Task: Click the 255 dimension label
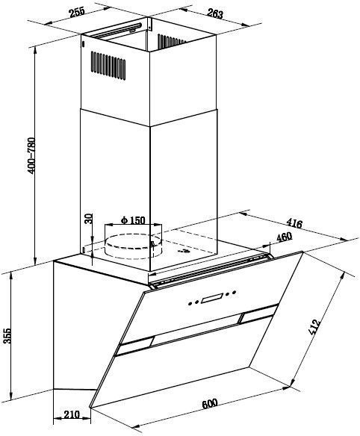click(x=76, y=13)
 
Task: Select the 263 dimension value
click(x=215, y=13)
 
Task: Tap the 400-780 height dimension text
click(x=31, y=155)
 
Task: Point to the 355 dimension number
click(x=7, y=336)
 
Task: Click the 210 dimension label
click(x=72, y=414)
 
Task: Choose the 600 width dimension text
click(x=209, y=404)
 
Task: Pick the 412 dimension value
click(x=314, y=327)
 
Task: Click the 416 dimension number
click(x=294, y=222)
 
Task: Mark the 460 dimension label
click(x=284, y=237)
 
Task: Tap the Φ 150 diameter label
click(x=133, y=220)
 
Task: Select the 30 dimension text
click(x=88, y=219)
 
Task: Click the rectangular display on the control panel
click(x=212, y=299)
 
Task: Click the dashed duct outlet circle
click(x=133, y=246)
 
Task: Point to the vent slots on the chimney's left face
click(x=108, y=66)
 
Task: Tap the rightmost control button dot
click(x=235, y=292)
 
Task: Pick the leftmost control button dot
click(x=190, y=303)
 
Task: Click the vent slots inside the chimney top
click(x=171, y=40)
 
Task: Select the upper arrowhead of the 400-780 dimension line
click(x=35, y=50)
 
